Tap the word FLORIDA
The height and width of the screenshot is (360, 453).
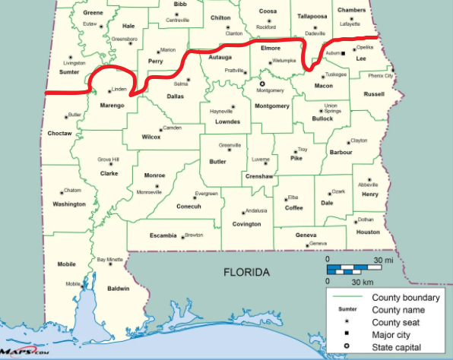click(x=246, y=272)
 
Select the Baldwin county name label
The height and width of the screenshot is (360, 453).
click(x=118, y=289)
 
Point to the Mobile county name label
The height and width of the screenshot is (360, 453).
click(x=66, y=264)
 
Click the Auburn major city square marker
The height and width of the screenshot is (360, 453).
click(x=344, y=53)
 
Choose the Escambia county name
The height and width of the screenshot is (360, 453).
click(x=163, y=235)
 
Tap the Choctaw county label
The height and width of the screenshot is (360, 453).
click(x=59, y=133)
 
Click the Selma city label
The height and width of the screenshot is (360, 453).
click(x=181, y=84)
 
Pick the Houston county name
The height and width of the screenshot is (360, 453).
click(x=367, y=232)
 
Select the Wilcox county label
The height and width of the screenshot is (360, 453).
click(x=151, y=137)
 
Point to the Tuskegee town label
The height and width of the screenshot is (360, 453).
click(x=335, y=74)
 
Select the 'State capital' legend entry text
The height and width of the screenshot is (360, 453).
click(x=398, y=346)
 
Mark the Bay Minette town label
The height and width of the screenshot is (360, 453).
click(x=110, y=260)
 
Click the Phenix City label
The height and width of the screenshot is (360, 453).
click(x=381, y=76)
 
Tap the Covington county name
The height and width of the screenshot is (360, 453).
click(x=247, y=224)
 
